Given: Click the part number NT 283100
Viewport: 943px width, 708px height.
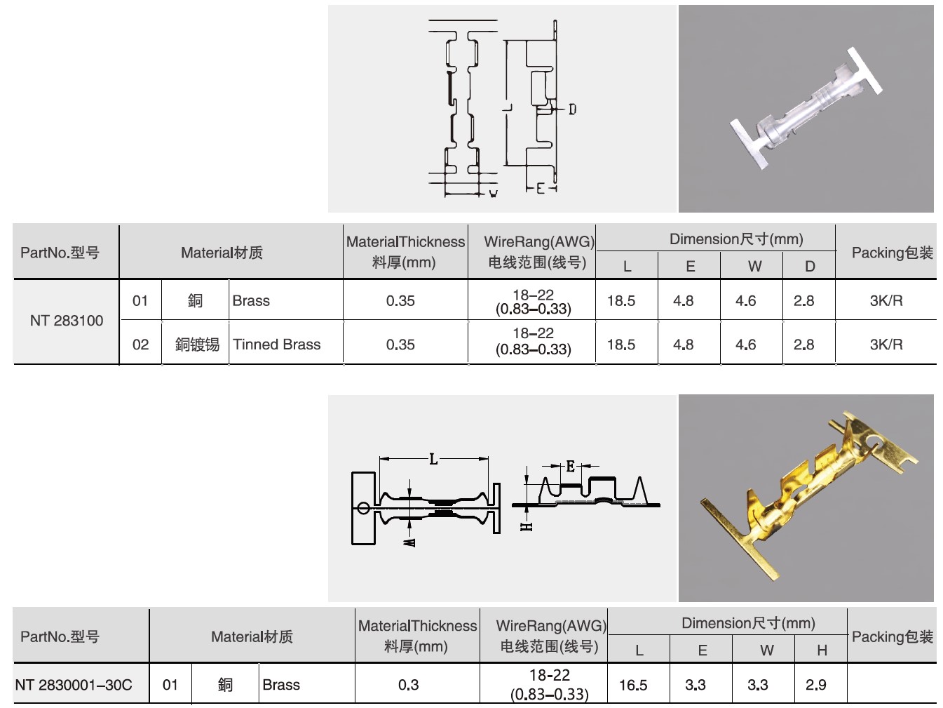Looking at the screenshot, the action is coord(67,321).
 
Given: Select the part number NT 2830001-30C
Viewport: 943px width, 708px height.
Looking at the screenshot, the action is coord(74,685).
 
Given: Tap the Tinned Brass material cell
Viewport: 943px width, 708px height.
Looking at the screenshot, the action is coord(277,345).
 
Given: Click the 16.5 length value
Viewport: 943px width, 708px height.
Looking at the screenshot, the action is coord(633,685).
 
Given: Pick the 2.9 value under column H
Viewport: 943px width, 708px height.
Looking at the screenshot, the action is coord(815,685).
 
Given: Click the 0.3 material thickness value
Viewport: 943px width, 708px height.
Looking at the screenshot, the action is coord(408,685).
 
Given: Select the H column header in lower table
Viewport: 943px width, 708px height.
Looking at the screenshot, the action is coord(822,650).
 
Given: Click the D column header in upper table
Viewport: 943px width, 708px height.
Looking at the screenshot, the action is coord(810,267).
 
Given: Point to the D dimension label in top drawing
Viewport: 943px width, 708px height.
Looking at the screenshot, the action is coord(572,109).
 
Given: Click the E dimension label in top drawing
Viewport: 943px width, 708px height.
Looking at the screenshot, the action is coord(540,188).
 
